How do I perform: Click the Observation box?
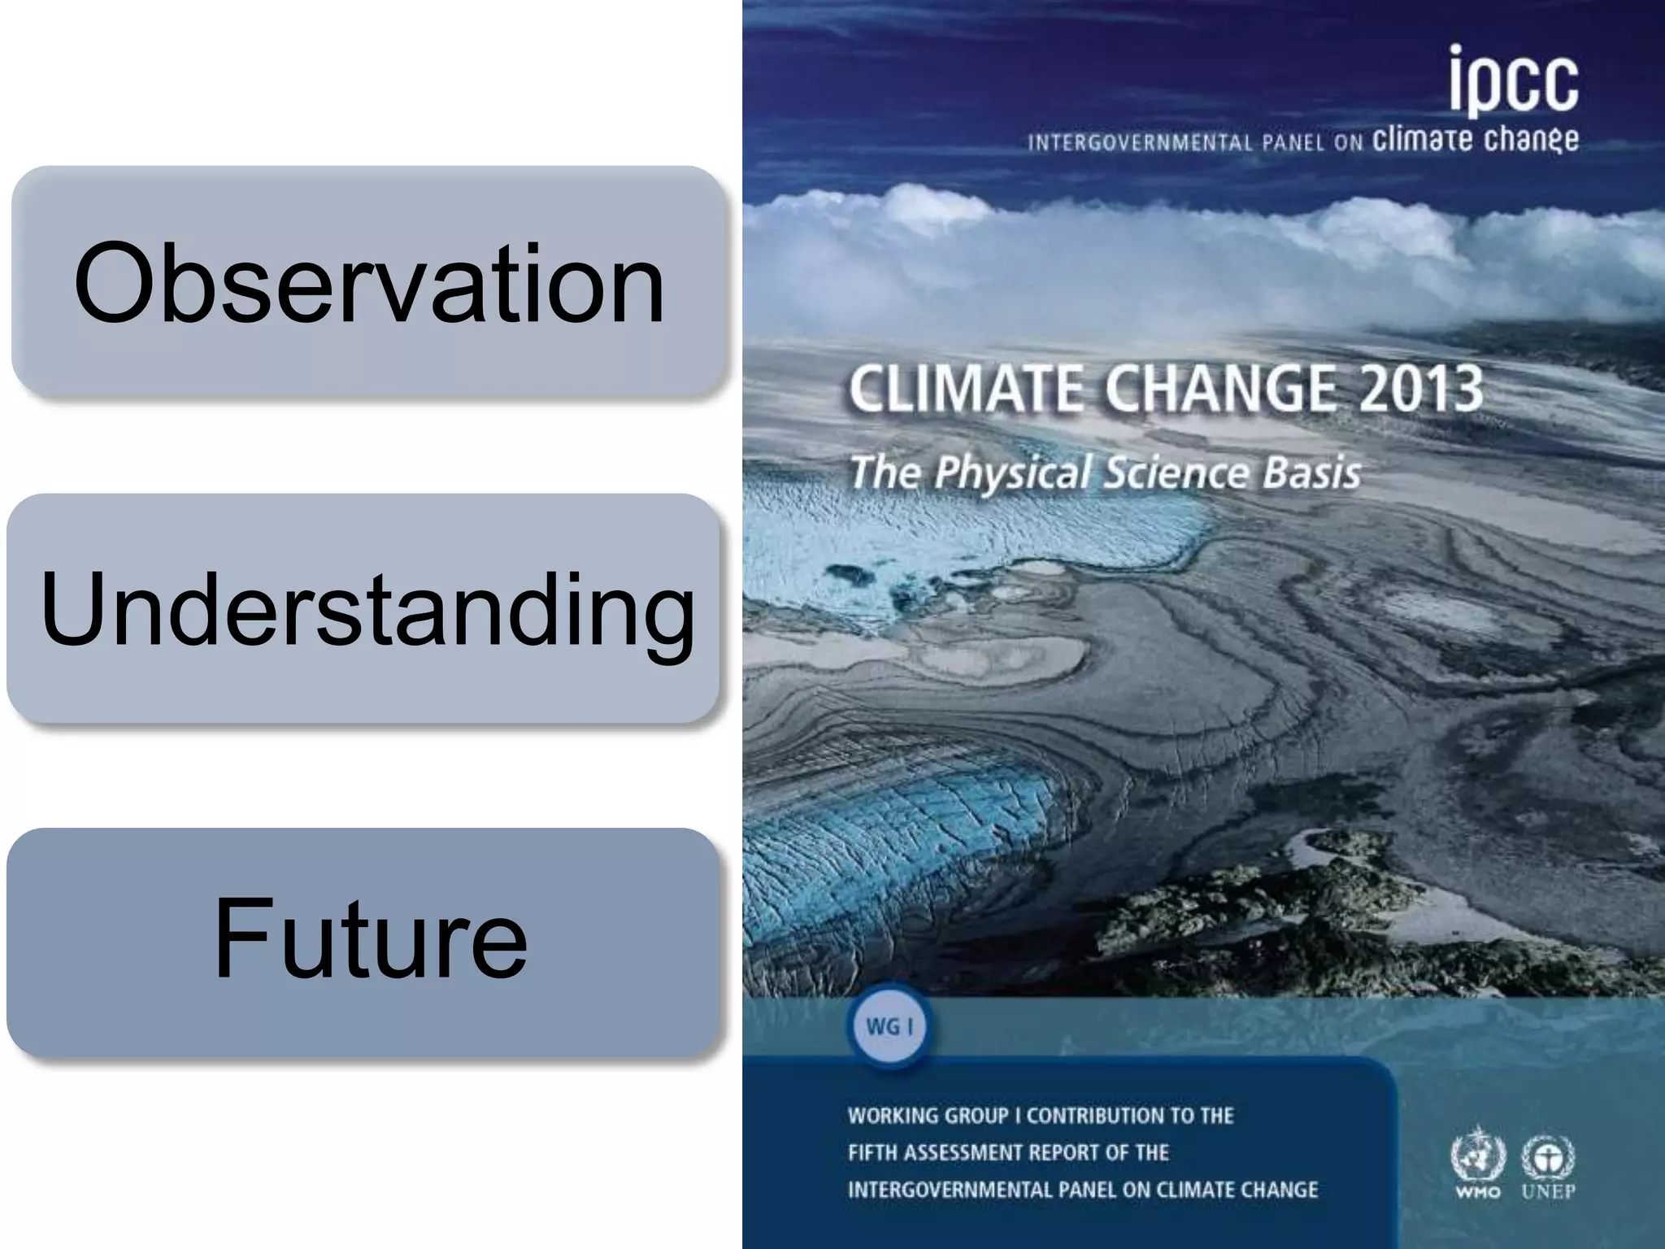(x=367, y=282)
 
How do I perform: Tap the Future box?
(x=363, y=942)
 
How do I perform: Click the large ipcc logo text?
(x=1513, y=81)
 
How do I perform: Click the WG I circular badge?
(x=889, y=1027)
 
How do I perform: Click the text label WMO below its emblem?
(x=1478, y=1192)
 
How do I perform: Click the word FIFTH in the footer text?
(x=872, y=1153)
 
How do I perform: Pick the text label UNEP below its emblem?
(x=1548, y=1192)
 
